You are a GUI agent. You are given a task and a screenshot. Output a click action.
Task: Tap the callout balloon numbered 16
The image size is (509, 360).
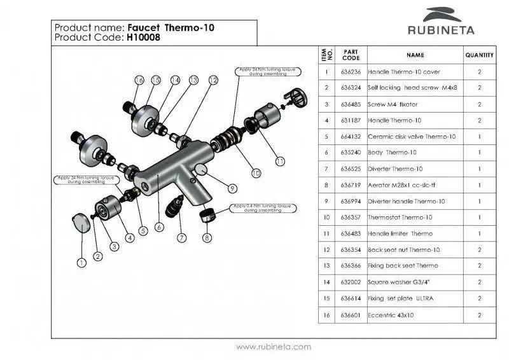139,80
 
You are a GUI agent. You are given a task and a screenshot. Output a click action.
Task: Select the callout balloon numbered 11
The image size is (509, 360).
280,161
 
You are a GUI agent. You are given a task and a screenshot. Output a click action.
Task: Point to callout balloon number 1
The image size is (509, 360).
81,262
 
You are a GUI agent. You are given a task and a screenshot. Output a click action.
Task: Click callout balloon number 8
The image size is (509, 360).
206,238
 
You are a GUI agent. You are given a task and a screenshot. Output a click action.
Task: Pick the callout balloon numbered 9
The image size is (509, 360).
233,188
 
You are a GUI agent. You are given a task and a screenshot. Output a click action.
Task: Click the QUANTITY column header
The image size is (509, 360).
479,55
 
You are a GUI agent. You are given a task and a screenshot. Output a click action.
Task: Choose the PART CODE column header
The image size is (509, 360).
350,55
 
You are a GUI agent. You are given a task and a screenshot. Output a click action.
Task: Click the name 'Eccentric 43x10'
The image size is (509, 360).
391,314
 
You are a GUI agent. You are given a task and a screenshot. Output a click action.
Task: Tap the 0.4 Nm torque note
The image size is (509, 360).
261,208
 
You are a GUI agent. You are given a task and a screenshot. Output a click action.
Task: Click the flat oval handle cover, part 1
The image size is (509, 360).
80,223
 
